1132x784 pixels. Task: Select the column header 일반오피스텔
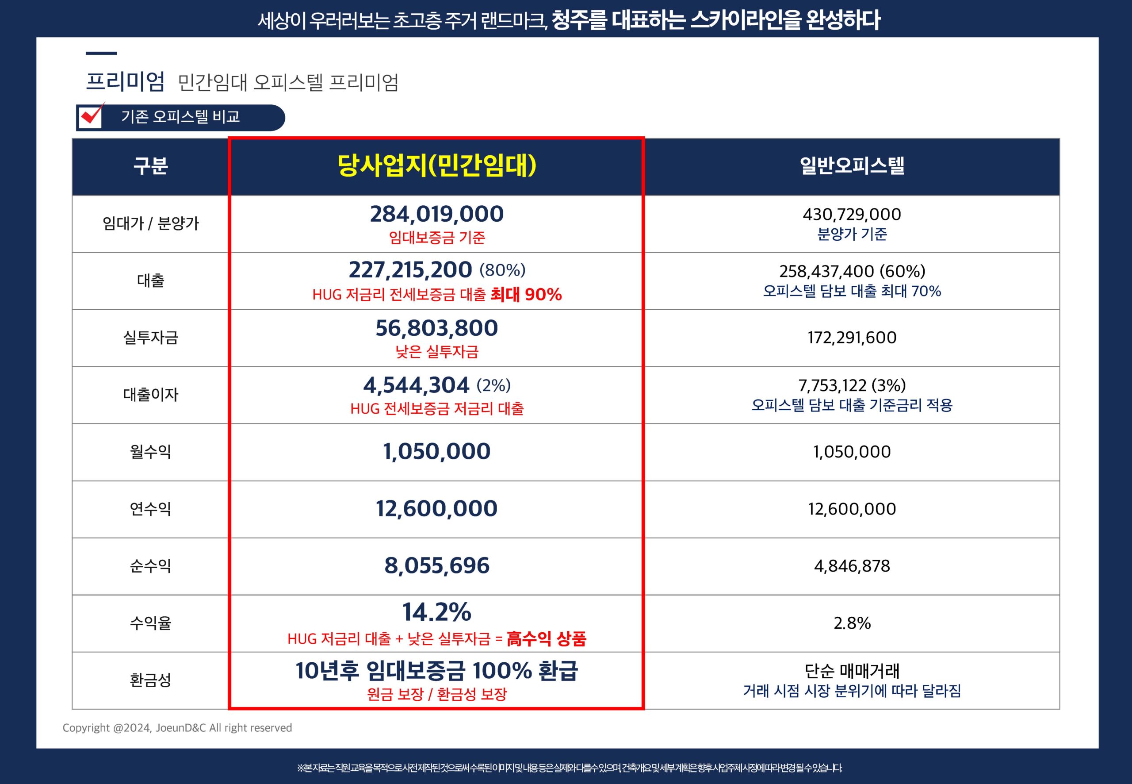click(x=852, y=165)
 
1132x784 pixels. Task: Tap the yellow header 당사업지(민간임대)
click(x=436, y=165)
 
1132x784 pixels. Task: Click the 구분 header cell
click(x=150, y=166)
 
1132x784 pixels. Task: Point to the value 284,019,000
click(x=436, y=214)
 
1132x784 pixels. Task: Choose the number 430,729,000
click(x=852, y=214)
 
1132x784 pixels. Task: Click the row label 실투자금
click(x=150, y=338)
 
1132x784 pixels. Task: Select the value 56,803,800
click(x=436, y=328)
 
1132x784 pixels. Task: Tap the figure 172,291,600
click(x=852, y=338)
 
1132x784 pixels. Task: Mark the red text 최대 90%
click(x=526, y=295)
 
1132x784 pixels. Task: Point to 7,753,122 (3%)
click(x=852, y=385)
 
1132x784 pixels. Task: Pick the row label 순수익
click(x=150, y=566)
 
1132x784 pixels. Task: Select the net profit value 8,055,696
click(x=436, y=566)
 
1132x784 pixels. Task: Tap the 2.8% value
click(x=852, y=623)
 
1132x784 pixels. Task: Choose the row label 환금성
click(x=150, y=680)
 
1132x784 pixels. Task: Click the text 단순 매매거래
click(x=852, y=671)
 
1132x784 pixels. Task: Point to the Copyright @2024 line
click(x=177, y=728)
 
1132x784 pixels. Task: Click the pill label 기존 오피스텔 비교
click(x=180, y=117)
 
